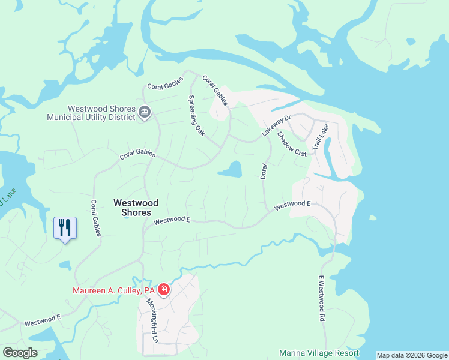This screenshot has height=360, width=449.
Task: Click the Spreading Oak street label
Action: click(197, 116)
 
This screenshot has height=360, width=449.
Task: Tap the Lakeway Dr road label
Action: click(276, 125)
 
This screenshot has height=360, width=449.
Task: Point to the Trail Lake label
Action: click(320, 137)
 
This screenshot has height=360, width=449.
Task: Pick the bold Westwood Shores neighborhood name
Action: click(136, 208)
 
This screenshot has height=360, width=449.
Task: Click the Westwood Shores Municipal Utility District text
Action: click(101, 113)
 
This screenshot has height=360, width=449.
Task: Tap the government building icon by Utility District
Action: click(145, 113)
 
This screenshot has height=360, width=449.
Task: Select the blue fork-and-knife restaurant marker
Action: click(65, 228)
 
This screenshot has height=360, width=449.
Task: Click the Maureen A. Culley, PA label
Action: click(115, 290)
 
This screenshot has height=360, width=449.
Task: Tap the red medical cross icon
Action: click(163, 290)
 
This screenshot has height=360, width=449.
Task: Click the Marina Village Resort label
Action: click(319, 353)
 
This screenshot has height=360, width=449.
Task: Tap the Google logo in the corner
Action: click(20, 353)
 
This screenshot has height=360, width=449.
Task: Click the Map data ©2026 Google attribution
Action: click(412, 355)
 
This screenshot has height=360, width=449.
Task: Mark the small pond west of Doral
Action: click(231, 170)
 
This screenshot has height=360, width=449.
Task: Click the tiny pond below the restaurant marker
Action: click(65, 264)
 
